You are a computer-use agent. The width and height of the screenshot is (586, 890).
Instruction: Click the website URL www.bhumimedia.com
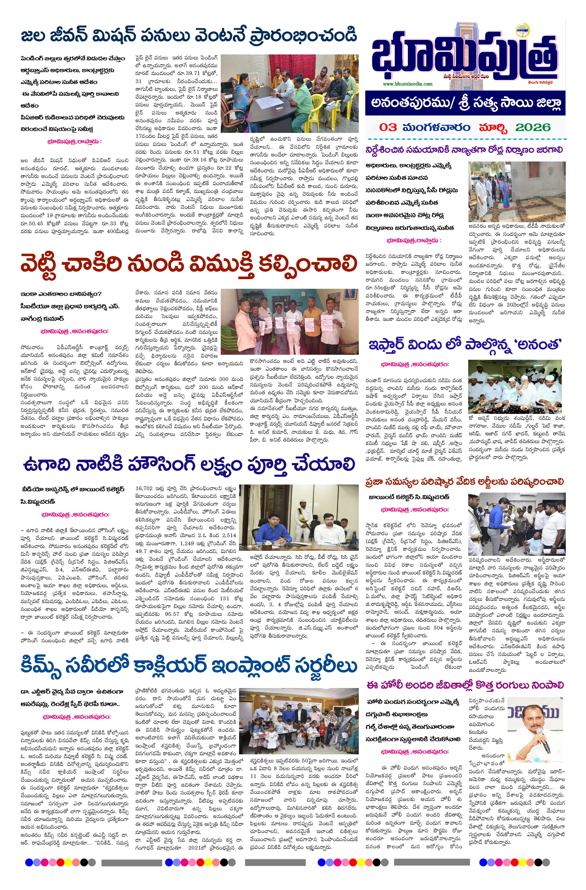coord(407,84)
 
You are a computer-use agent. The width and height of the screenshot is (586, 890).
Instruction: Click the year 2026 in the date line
coord(533,128)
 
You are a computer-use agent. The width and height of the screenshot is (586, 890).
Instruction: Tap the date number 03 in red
coord(388,128)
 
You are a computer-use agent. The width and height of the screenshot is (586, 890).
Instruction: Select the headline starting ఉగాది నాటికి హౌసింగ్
coord(189,465)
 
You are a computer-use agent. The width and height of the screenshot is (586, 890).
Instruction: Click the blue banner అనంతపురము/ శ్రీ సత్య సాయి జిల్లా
coord(465,103)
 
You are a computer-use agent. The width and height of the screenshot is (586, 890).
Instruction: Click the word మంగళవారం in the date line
coord(436,128)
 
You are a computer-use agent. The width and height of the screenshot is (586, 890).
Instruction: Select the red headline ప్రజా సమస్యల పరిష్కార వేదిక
coord(464,482)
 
